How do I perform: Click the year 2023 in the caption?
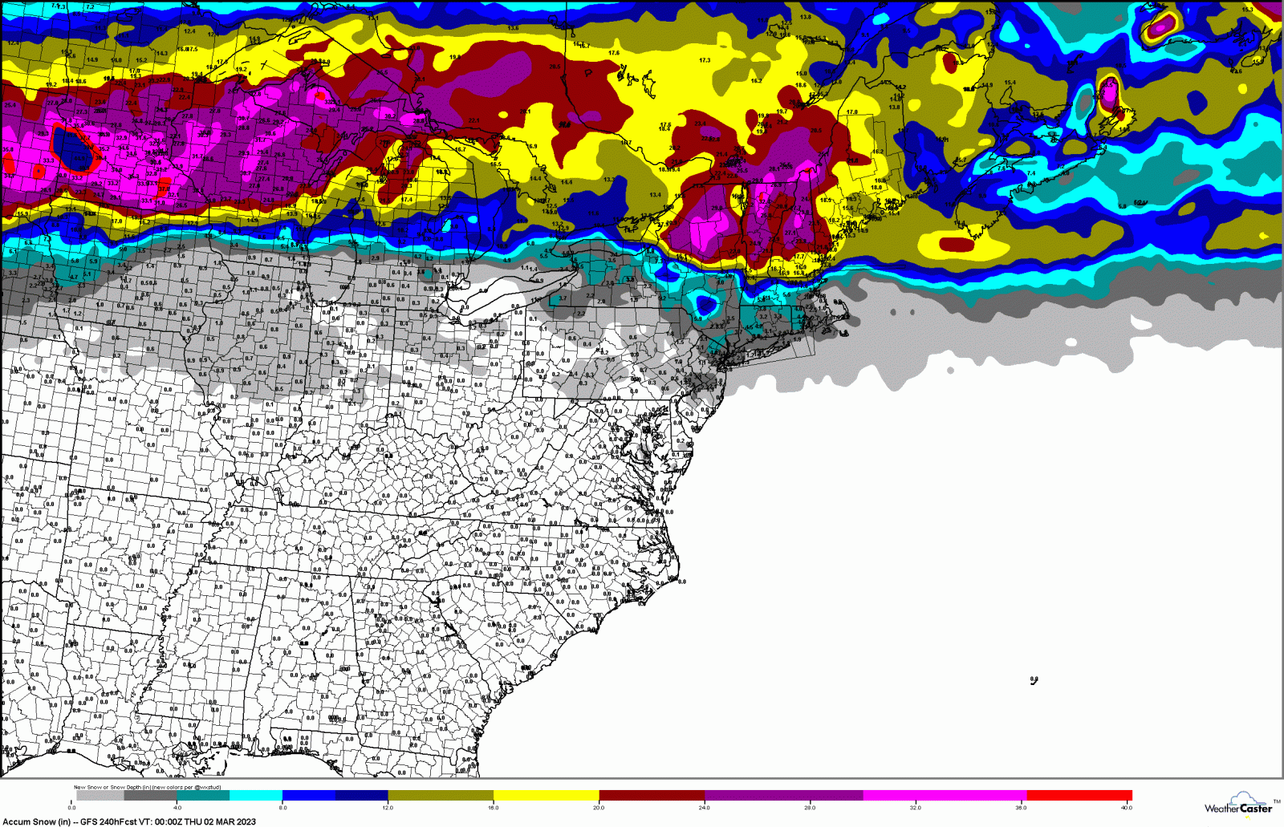[245, 821]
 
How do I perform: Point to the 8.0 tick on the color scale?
[282, 807]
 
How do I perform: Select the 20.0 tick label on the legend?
[599, 807]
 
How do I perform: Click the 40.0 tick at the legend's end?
[1127, 807]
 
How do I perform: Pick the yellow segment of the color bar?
[546, 796]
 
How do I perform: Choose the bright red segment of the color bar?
[1079, 796]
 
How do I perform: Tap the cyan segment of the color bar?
[256, 796]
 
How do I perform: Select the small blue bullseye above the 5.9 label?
[706, 305]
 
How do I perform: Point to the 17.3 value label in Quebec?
[705, 60]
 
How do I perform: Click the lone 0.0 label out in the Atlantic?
[1034, 680]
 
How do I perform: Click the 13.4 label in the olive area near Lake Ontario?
[656, 195]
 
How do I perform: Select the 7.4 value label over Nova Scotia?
[1031, 173]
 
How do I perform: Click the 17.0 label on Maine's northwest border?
[851, 112]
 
